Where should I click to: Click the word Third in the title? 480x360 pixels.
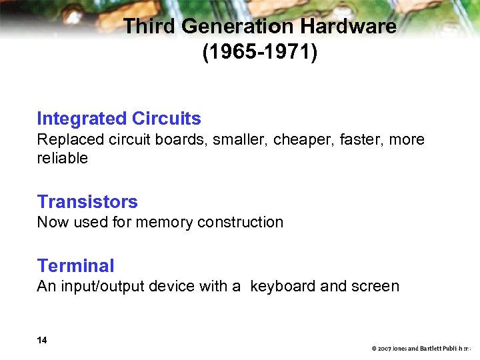(x=149, y=27)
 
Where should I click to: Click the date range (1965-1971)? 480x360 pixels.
(x=260, y=53)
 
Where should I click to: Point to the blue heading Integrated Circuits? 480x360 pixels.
(x=119, y=119)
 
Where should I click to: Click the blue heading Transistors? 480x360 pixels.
(x=87, y=201)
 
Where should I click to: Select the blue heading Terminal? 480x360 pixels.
(x=76, y=265)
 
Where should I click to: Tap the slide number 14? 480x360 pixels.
(x=42, y=341)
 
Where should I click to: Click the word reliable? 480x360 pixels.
(x=63, y=158)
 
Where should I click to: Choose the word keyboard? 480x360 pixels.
(x=283, y=287)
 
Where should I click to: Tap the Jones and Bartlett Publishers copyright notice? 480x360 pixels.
(x=421, y=349)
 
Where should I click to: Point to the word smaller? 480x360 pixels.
(x=239, y=140)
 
